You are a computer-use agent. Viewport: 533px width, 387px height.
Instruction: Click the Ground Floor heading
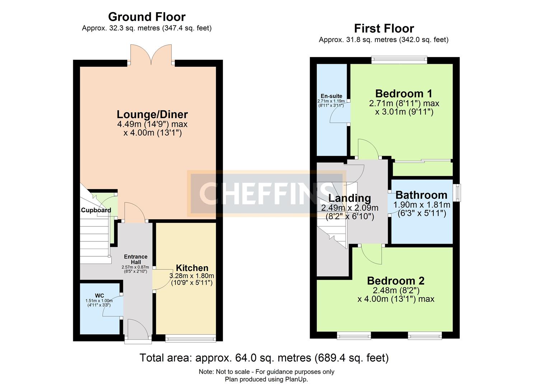(146, 17)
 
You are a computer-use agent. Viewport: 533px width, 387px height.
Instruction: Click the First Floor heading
(384, 28)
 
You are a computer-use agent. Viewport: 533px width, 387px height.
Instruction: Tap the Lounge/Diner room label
(152, 115)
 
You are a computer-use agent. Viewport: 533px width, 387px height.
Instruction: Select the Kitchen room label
(192, 268)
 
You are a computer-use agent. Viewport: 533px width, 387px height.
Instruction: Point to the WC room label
(99, 296)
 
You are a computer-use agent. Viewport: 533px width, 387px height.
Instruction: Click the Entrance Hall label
(135, 259)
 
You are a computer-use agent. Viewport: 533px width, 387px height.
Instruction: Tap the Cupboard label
(96, 210)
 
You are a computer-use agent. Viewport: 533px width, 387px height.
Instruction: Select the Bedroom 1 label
(403, 94)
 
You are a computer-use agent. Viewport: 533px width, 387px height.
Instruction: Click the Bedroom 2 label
(396, 281)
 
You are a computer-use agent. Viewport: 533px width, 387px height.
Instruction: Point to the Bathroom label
(421, 195)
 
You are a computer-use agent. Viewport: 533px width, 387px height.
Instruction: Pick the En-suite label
(331, 96)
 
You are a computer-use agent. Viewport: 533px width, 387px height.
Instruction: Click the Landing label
(350, 198)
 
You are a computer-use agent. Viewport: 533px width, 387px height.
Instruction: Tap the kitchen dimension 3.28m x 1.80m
(192, 276)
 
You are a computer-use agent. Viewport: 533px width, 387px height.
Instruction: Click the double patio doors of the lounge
(151, 56)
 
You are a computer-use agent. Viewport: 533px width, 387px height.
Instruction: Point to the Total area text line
(264, 358)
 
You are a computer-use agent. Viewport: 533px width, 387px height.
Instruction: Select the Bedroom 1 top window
(399, 60)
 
